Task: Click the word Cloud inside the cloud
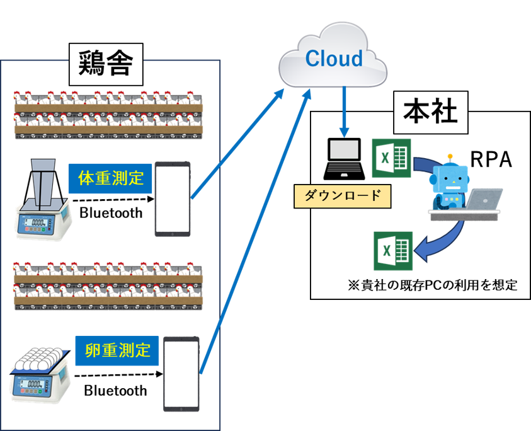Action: pos(334,59)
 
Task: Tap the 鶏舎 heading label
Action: pos(105,63)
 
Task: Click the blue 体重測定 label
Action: pos(111,179)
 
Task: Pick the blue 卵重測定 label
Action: pos(117,350)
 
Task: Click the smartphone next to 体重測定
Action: pos(173,199)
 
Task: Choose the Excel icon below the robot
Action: pos(393,250)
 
